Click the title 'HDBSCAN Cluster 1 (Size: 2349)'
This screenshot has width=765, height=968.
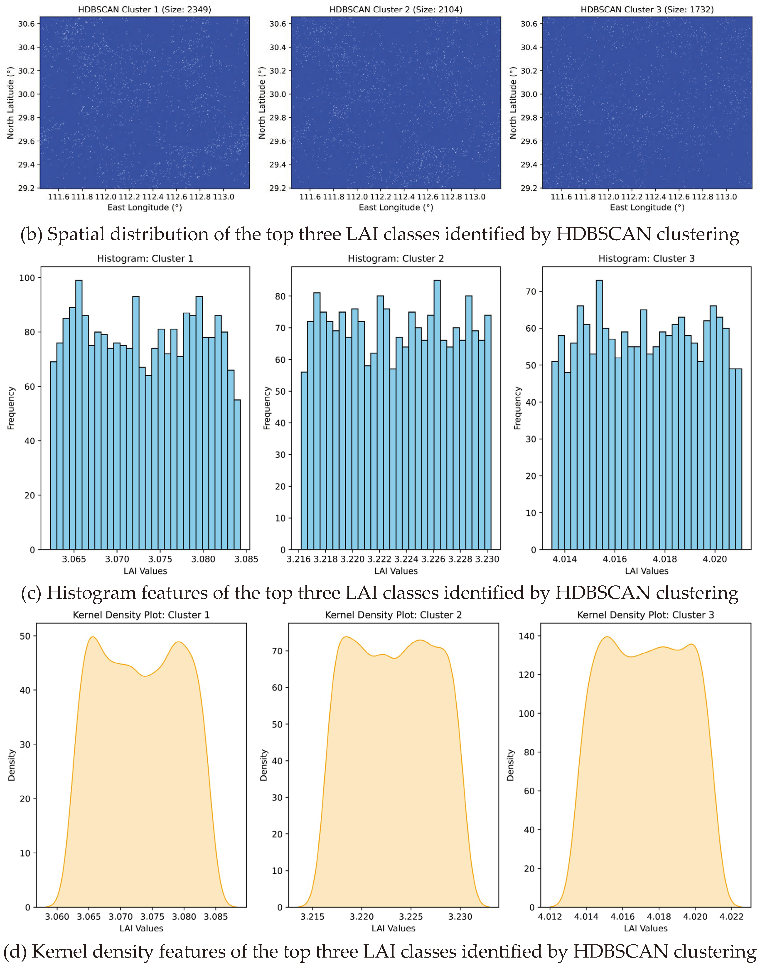144,9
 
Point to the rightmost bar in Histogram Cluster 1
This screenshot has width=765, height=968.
237,475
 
